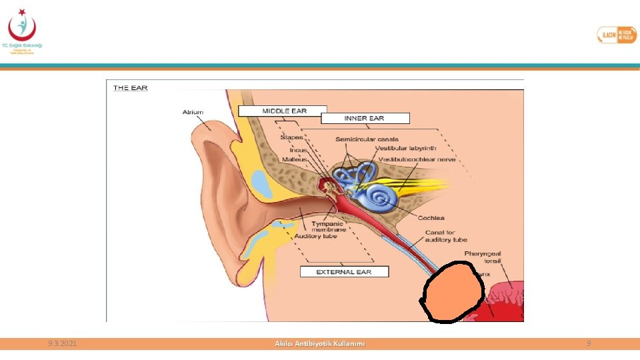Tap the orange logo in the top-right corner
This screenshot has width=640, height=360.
click(616, 35)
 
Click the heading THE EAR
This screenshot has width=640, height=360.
click(131, 87)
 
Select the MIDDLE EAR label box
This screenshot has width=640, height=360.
click(284, 111)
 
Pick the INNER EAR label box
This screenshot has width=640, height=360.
click(364, 118)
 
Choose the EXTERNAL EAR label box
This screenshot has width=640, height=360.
click(344, 272)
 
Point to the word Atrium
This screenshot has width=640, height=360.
click(193, 112)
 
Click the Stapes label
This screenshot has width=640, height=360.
click(291, 137)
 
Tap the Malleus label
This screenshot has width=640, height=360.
click(294, 160)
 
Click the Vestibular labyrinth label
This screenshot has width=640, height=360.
click(406, 148)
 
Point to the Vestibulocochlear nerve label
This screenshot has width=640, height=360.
click(417, 160)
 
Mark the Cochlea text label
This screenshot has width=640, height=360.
click(431, 218)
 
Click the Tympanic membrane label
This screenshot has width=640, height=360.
click(327, 227)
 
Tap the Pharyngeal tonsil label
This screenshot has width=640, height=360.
click(483, 257)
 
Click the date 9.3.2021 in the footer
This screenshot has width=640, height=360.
click(63, 343)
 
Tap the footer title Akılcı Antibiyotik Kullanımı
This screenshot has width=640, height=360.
click(320, 343)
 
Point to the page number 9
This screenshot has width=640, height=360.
click(589, 343)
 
